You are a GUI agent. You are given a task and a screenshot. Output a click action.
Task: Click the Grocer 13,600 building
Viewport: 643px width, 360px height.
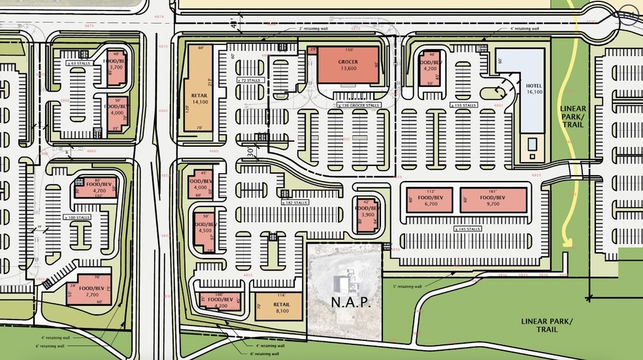pyautogui.click(x=348, y=65)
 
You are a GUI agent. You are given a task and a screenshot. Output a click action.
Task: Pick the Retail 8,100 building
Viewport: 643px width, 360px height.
pyautogui.click(x=279, y=307)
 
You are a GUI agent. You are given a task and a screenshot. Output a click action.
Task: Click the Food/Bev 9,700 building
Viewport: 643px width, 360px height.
pyautogui.click(x=493, y=200)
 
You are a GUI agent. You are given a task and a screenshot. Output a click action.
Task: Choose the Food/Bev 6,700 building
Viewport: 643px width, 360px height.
pyautogui.click(x=429, y=200)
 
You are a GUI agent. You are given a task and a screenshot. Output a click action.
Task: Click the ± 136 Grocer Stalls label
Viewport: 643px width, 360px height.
pyautogui.click(x=360, y=105)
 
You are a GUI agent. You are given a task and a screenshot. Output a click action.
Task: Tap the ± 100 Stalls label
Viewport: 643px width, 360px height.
pyautogui.click(x=80, y=217)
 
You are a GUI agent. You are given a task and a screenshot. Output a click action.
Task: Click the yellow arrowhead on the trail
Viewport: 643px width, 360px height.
pyautogui.click(x=567, y=244)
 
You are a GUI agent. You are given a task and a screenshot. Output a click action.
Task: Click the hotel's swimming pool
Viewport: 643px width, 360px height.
pyautogui.click(x=533, y=143)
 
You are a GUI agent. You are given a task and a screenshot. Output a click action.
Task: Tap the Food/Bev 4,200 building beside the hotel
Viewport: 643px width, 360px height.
pyautogui.click(x=431, y=69)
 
